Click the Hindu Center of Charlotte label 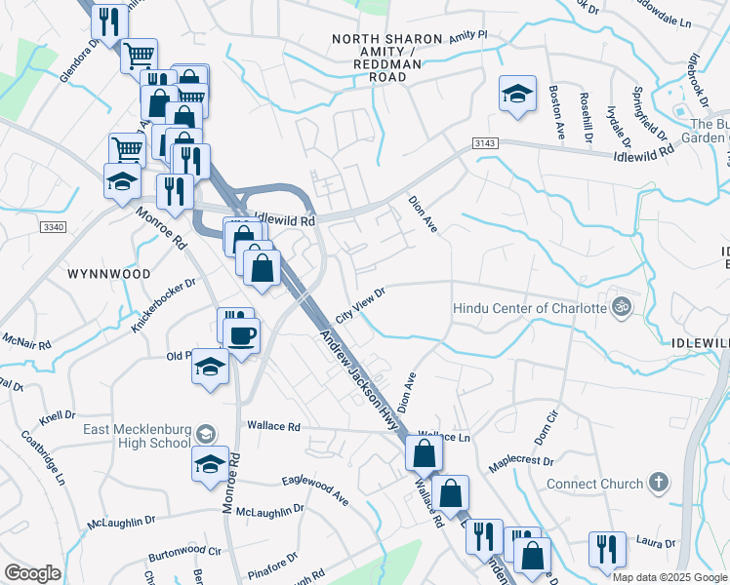530,309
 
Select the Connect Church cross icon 659,483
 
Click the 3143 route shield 485,143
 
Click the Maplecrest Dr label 520,461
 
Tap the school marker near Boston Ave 517,95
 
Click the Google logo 33,573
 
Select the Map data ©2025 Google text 669,577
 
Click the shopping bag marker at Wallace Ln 424,453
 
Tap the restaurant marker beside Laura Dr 607,549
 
